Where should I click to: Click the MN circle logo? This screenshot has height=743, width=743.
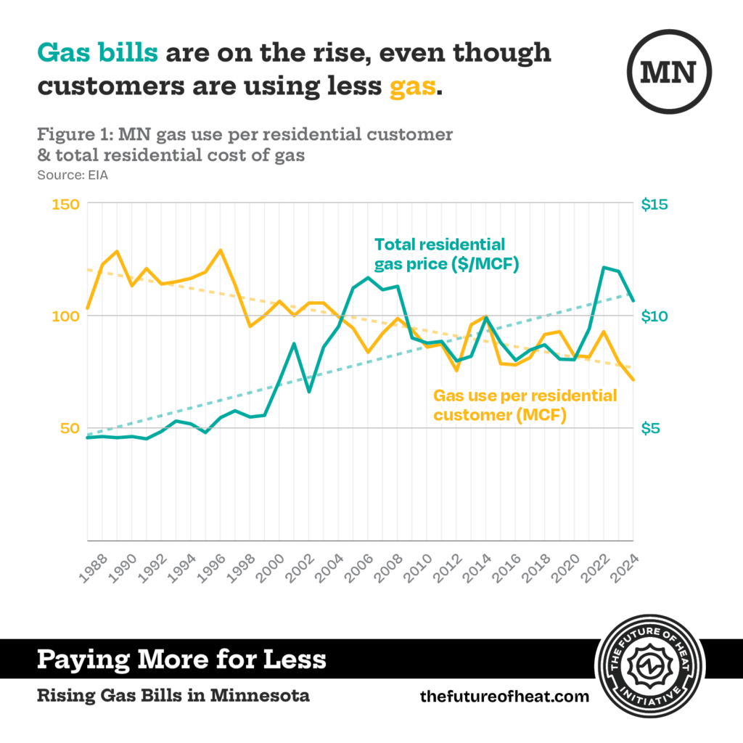click(668, 70)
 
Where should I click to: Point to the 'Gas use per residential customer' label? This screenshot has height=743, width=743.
click(525, 406)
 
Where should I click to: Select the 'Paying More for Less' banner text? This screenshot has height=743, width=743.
click(181, 660)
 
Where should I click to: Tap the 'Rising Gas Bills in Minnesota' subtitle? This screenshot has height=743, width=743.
click(173, 696)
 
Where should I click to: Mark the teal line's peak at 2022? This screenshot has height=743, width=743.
click(604, 267)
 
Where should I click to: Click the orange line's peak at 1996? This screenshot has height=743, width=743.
click(221, 250)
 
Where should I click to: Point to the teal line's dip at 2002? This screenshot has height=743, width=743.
click(309, 392)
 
